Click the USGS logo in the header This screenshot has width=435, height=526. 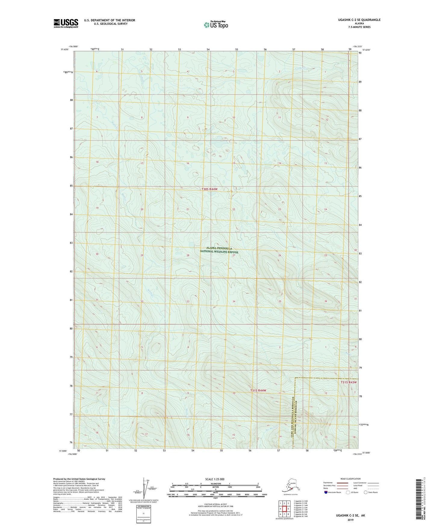66,23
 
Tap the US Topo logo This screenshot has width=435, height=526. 216,24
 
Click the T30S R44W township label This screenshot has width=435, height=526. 209,189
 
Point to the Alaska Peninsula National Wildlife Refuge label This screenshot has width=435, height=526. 219,250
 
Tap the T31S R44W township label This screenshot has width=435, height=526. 258,390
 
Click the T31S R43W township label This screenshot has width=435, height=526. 349,382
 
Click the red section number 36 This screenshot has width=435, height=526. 325,301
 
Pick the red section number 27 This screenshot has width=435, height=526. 234,255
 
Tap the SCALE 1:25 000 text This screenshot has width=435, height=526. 215,479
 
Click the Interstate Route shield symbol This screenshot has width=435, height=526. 326,492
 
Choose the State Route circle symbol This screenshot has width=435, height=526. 366,492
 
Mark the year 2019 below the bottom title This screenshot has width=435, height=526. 350,520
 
